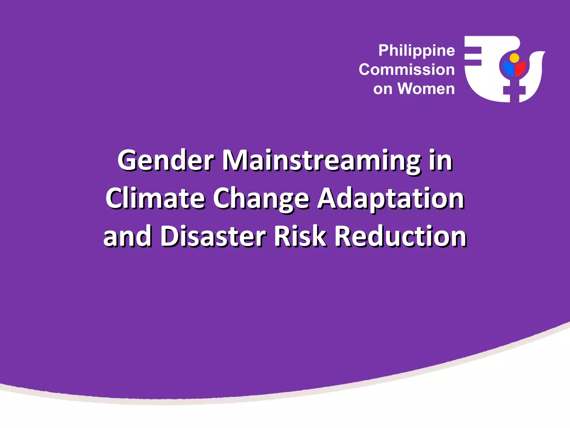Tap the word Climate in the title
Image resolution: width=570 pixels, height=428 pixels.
[155, 198]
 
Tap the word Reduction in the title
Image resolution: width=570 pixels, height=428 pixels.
[400, 236]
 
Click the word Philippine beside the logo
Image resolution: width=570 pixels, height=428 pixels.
[416, 51]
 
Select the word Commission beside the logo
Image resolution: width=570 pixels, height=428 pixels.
[407, 69]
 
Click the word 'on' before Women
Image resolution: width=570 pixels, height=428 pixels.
[382, 89]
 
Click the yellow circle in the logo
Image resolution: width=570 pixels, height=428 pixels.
[514, 58]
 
